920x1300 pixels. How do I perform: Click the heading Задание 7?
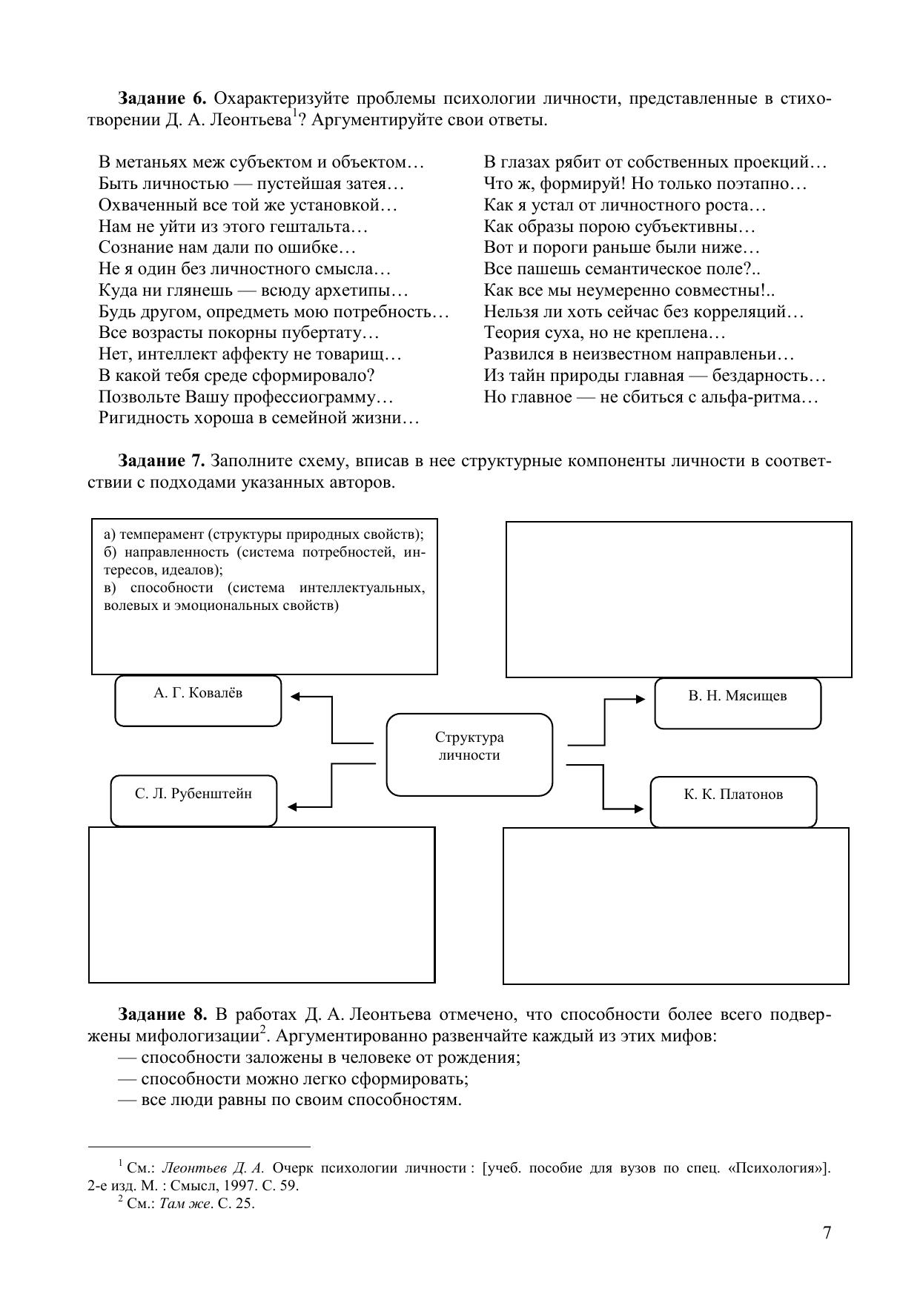click(x=161, y=462)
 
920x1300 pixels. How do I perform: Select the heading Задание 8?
click(x=161, y=1015)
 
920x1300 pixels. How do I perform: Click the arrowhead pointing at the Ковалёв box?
click(x=294, y=697)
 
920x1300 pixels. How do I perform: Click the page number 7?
click(x=827, y=1232)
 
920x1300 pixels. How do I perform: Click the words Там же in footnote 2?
click(x=180, y=1203)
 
